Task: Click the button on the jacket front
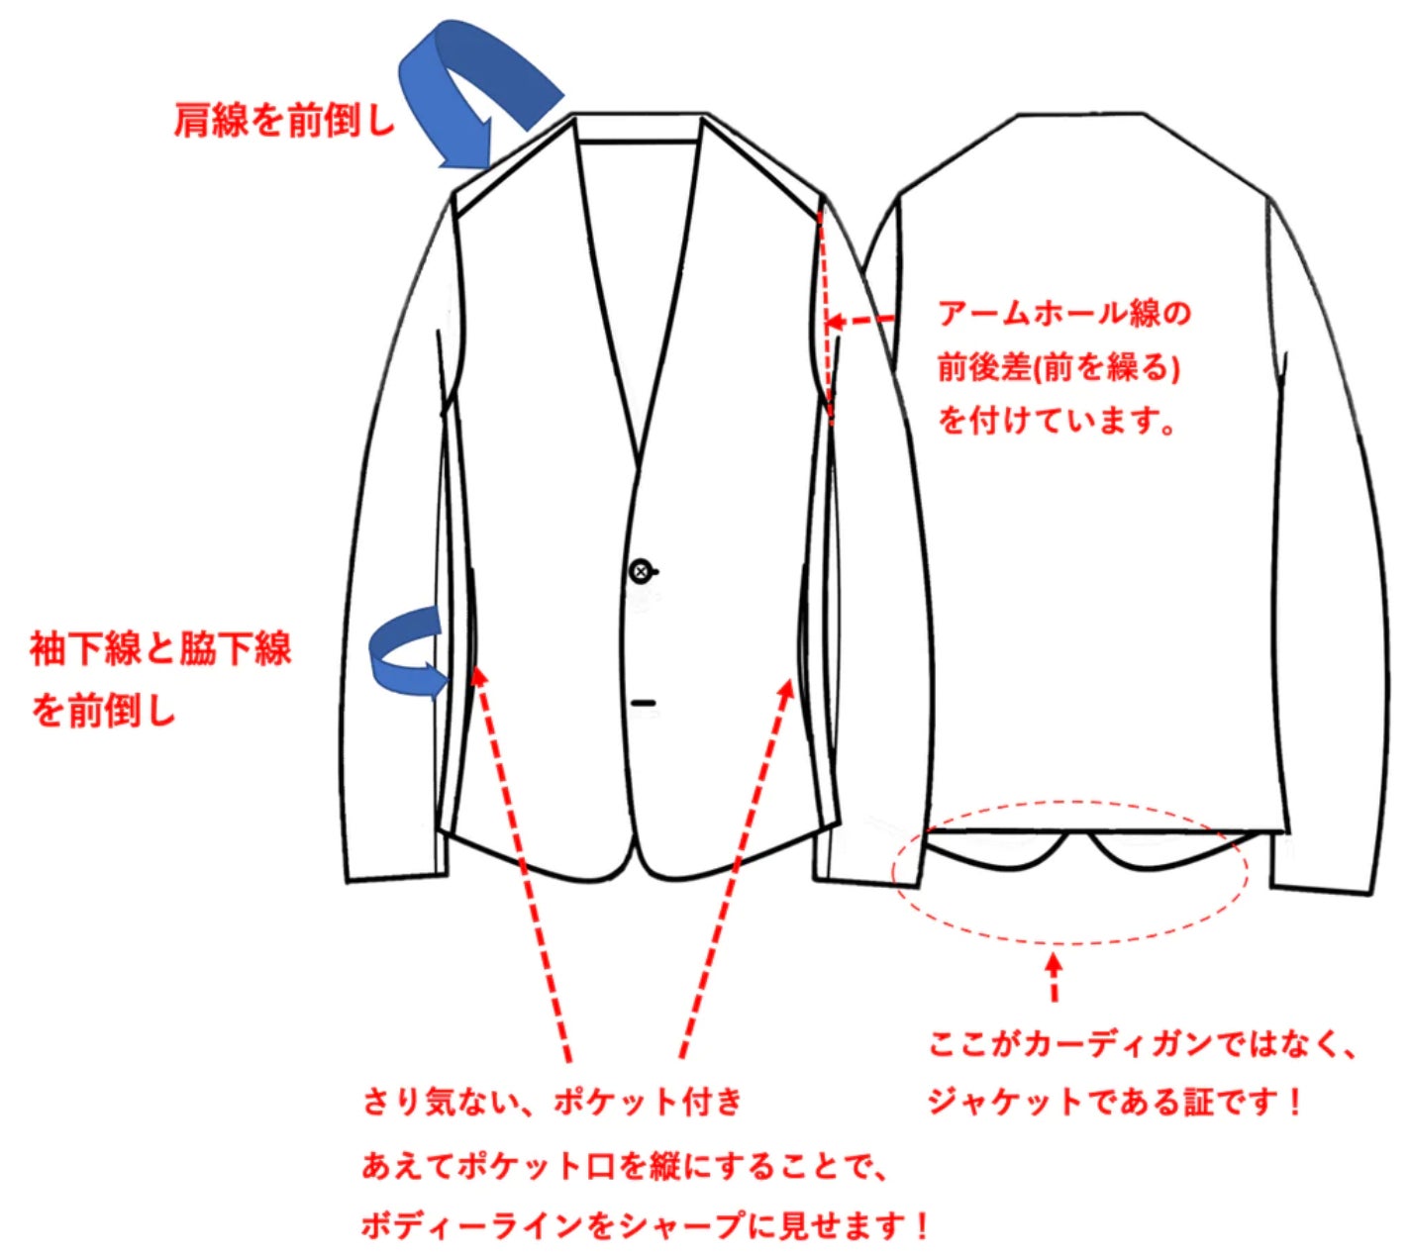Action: click(x=642, y=571)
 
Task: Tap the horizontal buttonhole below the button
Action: click(x=644, y=703)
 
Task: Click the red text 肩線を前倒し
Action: click(x=284, y=121)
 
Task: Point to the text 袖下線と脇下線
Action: click(x=160, y=650)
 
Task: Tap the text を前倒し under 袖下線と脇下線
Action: click(x=103, y=710)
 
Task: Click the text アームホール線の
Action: click(x=1063, y=314)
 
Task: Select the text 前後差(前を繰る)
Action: click(x=1058, y=368)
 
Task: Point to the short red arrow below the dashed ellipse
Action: click(x=1055, y=975)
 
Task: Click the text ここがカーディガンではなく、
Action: click(x=1141, y=1045)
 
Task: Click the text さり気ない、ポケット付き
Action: click(x=552, y=1102)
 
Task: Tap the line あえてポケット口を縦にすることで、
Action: click(x=627, y=1166)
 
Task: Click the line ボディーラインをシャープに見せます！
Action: click(x=645, y=1226)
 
